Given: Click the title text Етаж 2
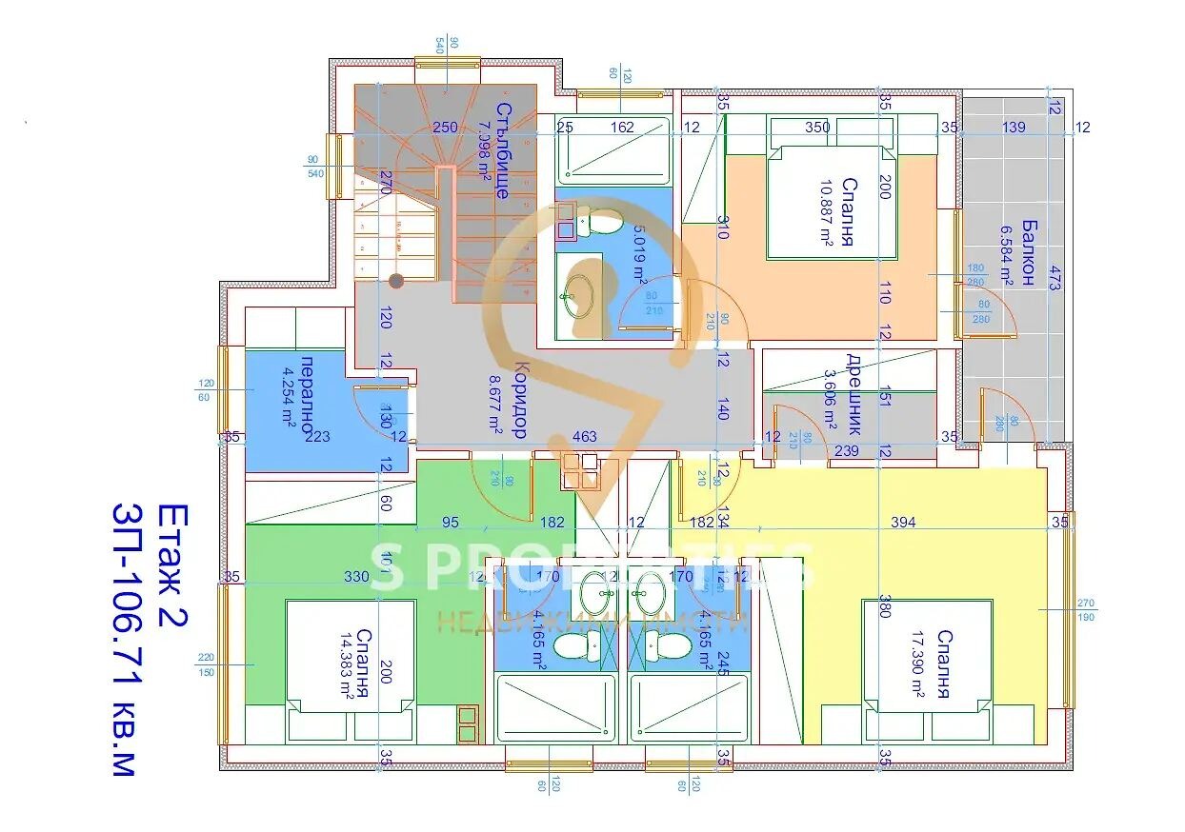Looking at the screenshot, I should click(x=172, y=565).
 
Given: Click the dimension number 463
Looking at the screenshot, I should click(x=584, y=437).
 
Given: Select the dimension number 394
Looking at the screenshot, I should click(x=902, y=522).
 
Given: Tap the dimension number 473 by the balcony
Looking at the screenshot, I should click(x=1054, y=278).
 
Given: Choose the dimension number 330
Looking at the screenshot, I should click(x=355, y=576).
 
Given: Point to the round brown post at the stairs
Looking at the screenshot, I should click(x=396, y=281).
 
